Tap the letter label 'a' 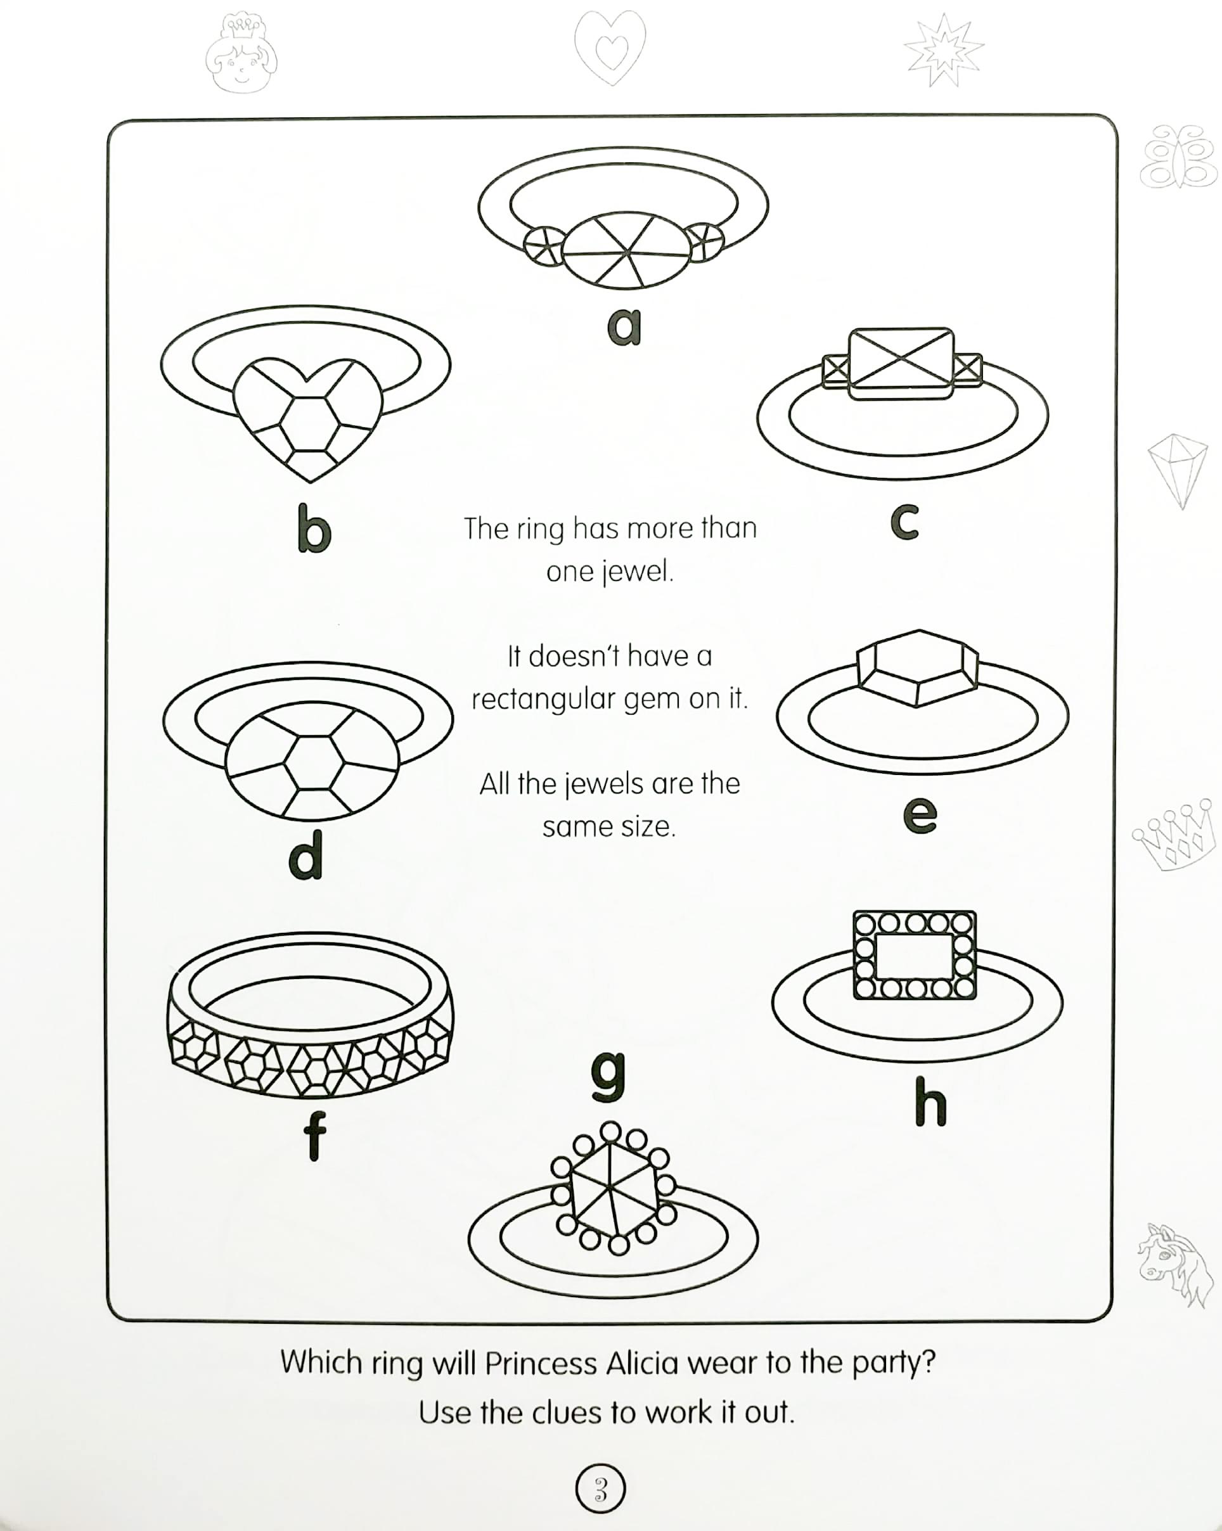click(624, 326)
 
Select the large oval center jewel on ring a click(626, 251)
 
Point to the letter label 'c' click(904, 522)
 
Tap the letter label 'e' click(920, 814)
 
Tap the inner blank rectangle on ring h click(914, 956)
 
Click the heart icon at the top click(609, 48)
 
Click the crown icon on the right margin click(1173, 835)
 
